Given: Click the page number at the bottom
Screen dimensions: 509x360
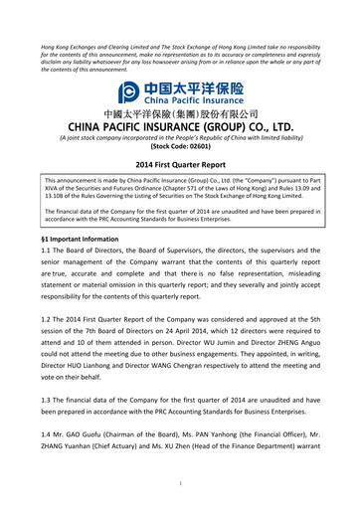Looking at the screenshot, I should point(180,485).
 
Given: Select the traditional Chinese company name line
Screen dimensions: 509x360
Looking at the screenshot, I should point(179,113).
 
